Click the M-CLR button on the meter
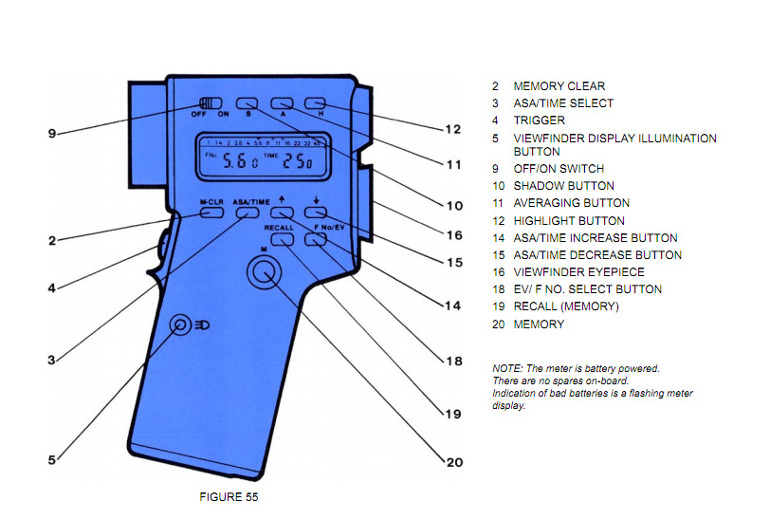click(x=211, y=214)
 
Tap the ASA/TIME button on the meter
click(x=247, y=214)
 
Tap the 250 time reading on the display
click(x=301, y=162)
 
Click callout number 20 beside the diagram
click(x=454, y=462)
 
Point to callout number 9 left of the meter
click(x=52, y=134)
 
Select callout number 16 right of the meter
click(x=454, y=234)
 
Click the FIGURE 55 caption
click(x=229, y=496)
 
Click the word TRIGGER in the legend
click(x=539, y=120)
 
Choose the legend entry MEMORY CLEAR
click(x=559, y=86)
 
